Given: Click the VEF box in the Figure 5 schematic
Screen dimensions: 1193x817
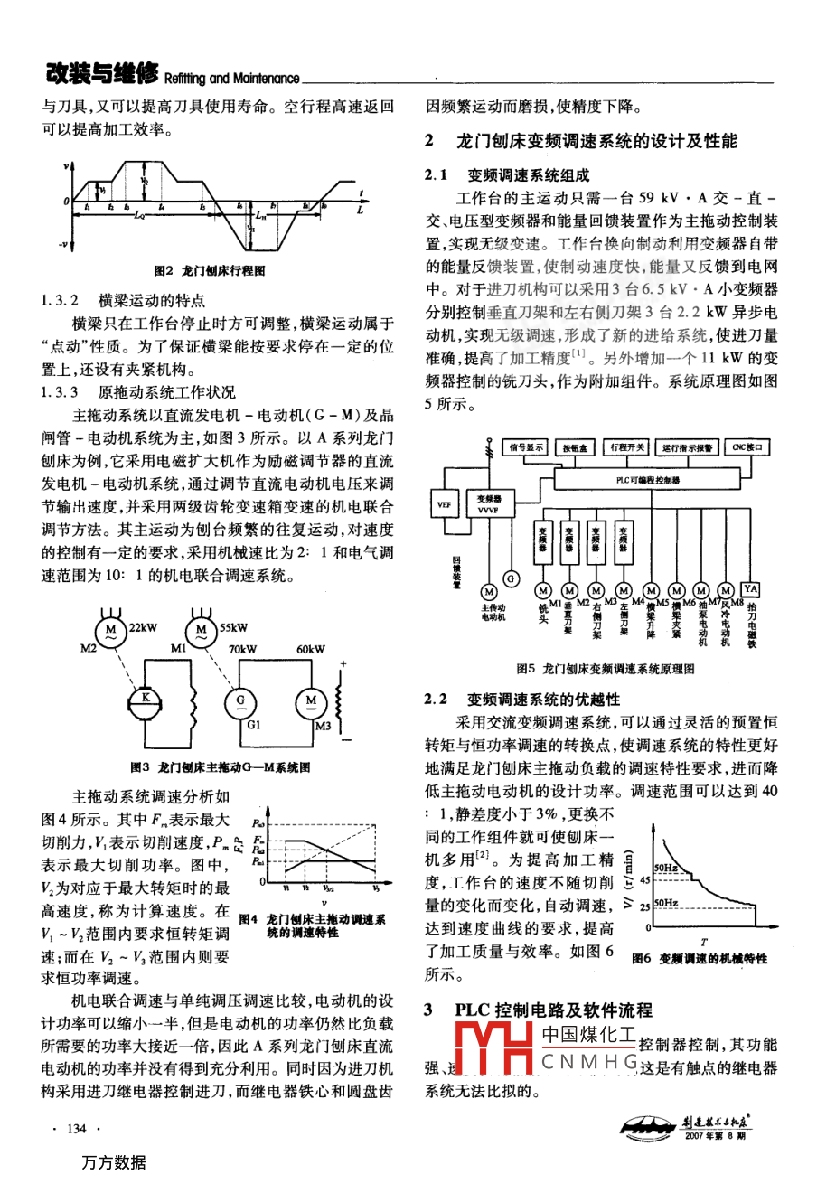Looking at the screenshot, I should (x=444, y=504).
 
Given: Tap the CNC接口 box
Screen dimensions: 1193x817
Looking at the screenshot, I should (x=748, y=446).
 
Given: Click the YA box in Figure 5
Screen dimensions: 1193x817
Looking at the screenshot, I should (x=750, y=589).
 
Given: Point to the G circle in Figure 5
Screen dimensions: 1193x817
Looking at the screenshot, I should (x=511, y=578).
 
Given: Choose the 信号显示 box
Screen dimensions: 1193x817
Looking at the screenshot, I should (x=527, y=446).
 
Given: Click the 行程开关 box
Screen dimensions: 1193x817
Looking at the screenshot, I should (x=627, y=446).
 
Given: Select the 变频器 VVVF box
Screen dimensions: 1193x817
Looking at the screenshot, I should (x=489, y=504).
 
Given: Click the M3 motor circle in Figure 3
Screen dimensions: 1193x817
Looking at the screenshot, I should (x=311, y=700).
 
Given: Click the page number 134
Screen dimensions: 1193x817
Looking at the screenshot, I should (x=77, y=1129).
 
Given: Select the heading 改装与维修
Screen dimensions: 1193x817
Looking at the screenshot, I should (x=102, y=73).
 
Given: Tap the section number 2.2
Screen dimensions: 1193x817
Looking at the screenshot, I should (x=437, y=699).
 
